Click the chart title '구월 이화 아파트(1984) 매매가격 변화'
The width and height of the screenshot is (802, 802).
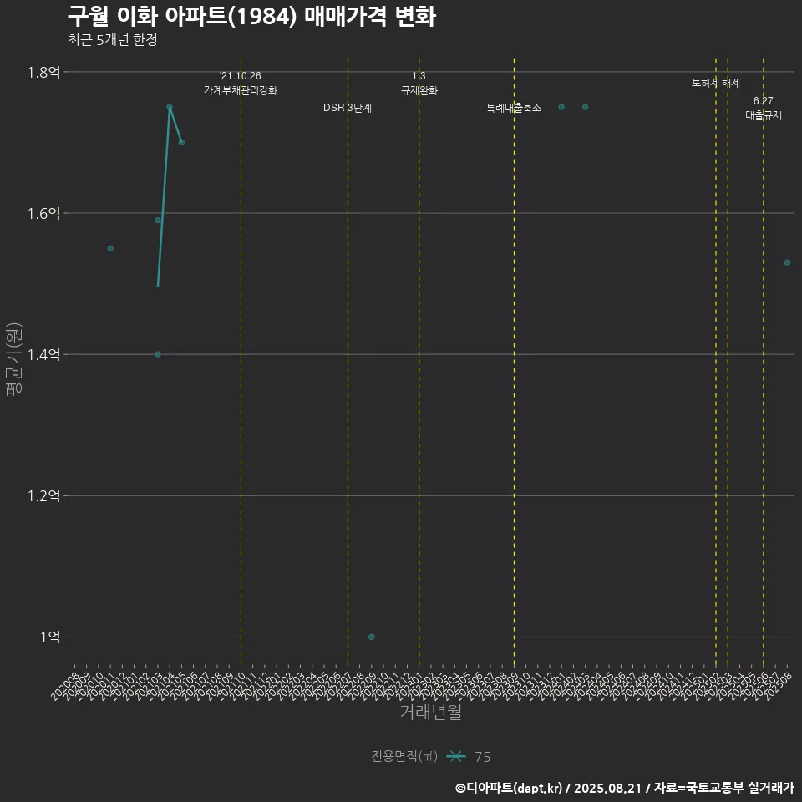[x=251, y=17]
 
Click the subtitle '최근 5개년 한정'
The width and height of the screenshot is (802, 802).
[x=112, y=40]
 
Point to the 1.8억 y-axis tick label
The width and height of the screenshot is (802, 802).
[x=43, y=73]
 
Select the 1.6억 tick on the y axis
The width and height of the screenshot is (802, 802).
[x=43, y=214]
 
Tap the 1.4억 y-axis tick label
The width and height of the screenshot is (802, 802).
[x=43, y=355]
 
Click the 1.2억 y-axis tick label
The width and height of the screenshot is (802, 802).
[x=43, y=496]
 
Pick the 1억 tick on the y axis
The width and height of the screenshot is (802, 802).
[x=49, y=637]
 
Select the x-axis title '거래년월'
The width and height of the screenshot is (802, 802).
[x=430, y=713]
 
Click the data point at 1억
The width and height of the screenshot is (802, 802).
[x=372, y=637]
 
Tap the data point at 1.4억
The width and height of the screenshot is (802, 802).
[x=158, y=354]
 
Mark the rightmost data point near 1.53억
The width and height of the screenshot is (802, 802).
[x=787, y=262]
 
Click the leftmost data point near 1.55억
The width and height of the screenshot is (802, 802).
[x=110, y=248]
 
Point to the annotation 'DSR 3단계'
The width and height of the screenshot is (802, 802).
[x=348, y=108]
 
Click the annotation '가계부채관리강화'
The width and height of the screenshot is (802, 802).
[x=241, y=89]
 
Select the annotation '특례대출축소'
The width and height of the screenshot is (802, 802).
[x=514, y=108]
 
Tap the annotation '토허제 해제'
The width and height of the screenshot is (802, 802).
[x=716, y=83]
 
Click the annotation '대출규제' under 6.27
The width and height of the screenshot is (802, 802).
[x=764, y=115]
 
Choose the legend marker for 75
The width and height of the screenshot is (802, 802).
[x=456, y=757]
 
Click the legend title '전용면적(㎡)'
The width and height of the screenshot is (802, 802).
[x=404, y=757]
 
